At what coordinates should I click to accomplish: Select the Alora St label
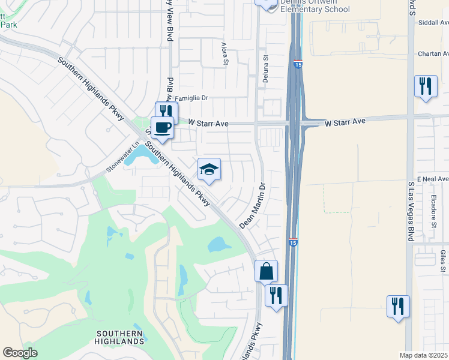coord(225,53)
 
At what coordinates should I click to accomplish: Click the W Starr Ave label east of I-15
coord(345,122)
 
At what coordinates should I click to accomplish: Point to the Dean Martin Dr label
coord(253,206)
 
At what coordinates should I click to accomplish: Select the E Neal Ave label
coord(433,179)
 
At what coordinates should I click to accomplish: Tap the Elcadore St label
coord(433,214)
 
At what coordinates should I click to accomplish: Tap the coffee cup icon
coord(161,127)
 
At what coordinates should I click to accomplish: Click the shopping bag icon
coord(266,271)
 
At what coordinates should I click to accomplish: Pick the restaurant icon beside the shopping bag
coord(276,295)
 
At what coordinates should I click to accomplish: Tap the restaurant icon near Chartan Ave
coord(426,86)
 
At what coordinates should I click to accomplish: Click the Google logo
coord(20,353)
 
